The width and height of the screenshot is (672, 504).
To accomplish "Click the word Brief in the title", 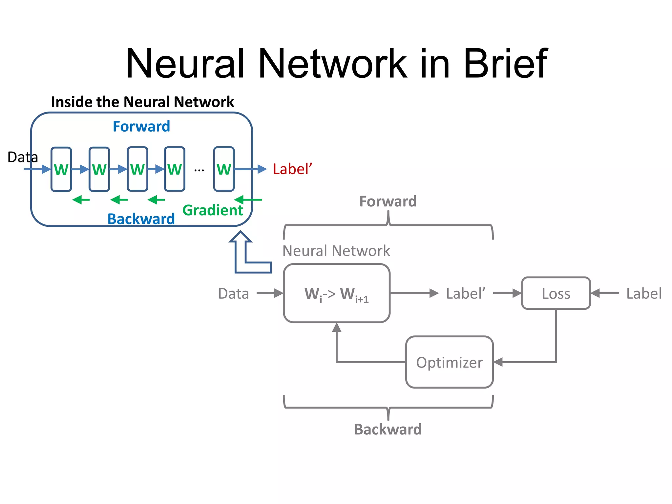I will tap(505, 63).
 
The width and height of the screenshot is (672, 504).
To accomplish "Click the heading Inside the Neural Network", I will tap(142, 102).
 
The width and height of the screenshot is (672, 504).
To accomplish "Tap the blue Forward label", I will tap(141, 126).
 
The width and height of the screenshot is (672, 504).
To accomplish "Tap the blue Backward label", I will tap(141, 219).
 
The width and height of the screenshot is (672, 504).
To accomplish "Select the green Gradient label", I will tap(213, 210).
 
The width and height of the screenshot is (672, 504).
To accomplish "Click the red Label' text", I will tap(292, 169).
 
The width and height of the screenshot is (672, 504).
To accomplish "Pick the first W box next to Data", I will tap(61, 169).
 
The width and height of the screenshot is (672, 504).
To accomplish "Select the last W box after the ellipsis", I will tap(224, 169).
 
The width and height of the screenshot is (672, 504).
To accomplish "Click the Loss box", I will tap(556, 293).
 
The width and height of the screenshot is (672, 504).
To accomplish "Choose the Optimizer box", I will tap(449, 362).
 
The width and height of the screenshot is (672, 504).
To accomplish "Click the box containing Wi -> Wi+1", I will tap(337, 293).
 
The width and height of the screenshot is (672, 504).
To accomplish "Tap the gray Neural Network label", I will tap(336, 251).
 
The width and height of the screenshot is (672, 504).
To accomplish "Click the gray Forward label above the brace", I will tap(388, 201).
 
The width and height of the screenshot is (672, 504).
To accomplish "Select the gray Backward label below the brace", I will tap(388, 429).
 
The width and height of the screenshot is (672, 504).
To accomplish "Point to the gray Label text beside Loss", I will tap(643, 293).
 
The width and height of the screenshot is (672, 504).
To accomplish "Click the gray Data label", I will tap(233, 293).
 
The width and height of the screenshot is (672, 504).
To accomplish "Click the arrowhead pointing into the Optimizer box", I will tap(498, 362).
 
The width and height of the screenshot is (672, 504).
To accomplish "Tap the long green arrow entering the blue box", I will tap(248, 199).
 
